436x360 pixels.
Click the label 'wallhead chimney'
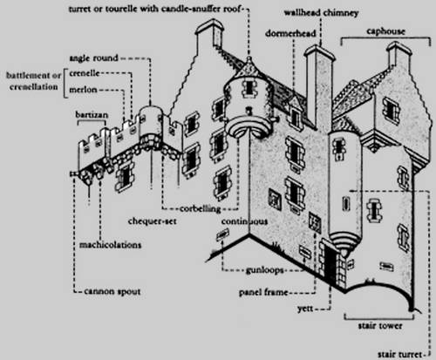321,13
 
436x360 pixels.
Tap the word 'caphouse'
385,31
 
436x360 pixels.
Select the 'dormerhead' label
290,33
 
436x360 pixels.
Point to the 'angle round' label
93,58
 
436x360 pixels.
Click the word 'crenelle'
85,73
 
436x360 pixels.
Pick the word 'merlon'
83,90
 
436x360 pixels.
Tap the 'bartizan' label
92,114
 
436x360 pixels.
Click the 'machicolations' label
111,245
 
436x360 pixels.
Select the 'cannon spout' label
112,291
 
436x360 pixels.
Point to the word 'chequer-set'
153,221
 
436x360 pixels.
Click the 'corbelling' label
201,208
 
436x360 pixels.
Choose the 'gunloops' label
265,270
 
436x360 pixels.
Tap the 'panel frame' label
263,292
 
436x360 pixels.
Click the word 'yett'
305,309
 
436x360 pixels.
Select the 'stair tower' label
380,325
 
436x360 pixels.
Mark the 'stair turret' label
399,354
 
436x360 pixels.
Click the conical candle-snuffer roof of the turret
249,67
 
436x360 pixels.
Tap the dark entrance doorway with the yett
330,264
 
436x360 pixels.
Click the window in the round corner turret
249,87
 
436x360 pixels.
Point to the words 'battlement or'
34,76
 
